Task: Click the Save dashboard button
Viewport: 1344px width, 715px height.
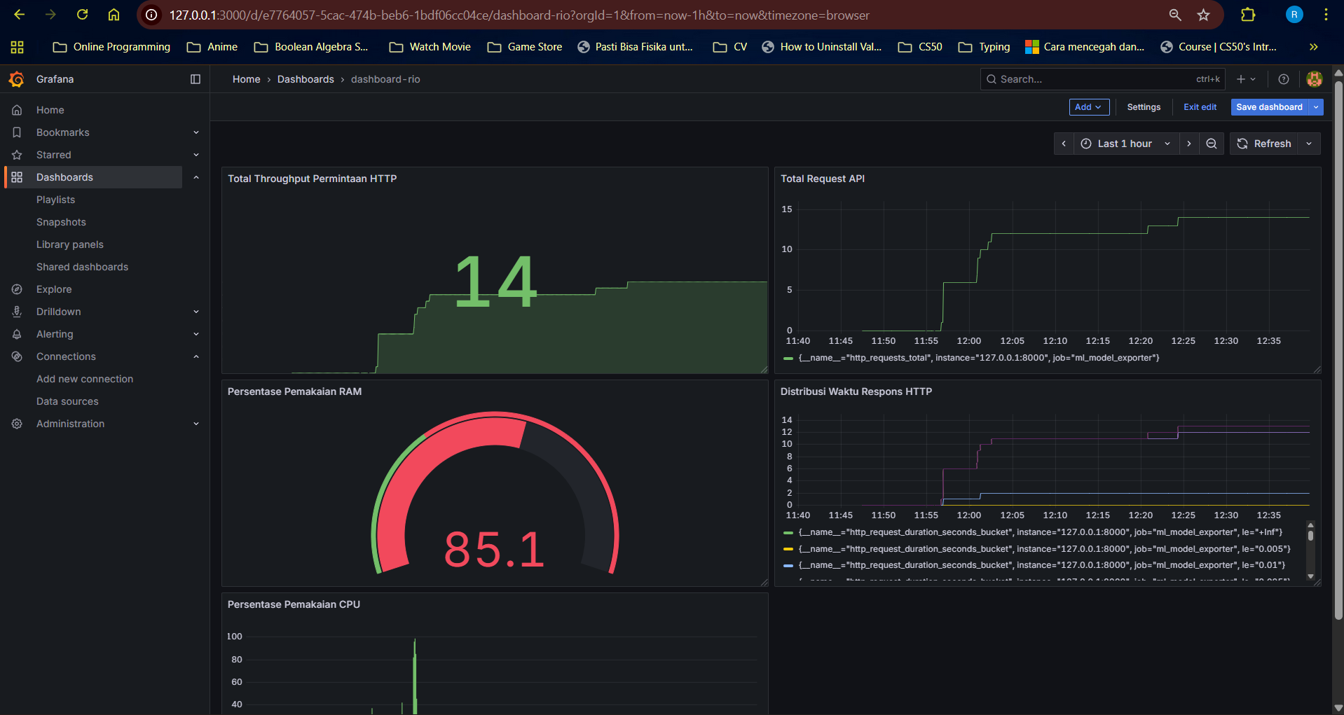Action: pos(1269,107)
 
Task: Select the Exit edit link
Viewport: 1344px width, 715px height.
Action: pos(1200,107)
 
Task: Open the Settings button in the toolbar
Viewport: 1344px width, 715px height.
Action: pos(1144,107)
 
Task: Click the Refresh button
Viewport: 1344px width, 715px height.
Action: pos(1264,144)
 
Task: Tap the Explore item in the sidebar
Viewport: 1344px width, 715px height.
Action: pos(54,289)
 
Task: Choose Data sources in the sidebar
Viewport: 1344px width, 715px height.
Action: pos(67,401)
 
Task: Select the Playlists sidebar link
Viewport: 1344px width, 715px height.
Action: pos(55,200)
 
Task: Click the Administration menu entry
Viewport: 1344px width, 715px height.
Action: pos(70,424)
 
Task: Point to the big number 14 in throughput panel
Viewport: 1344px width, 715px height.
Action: pos(495,282)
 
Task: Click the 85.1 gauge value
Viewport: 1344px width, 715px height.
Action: pos(495,549)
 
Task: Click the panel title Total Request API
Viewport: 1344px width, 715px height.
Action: pos(823,179)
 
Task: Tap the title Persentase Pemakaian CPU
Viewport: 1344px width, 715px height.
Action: pos(294,604)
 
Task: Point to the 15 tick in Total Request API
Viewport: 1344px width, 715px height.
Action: pos(787,209)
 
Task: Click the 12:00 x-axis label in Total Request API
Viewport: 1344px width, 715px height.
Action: pos(969,341)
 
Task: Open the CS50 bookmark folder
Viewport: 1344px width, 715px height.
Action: pos(920,47)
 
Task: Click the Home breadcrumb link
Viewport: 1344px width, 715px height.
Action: pos(246,79)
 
